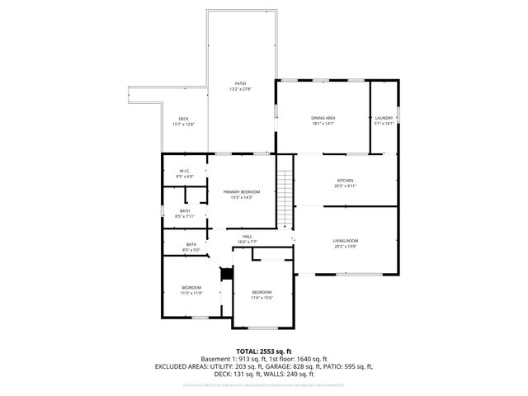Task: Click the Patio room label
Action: pos(241,82)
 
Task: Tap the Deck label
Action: pos(184,119)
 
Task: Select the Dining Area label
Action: pos(323,118)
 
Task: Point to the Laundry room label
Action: pos(384,118)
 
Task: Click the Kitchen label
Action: pos(345,181)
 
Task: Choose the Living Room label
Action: pos(346,240)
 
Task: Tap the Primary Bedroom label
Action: pos(241,191)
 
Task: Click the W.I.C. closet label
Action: pos(185,171)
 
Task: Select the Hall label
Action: pos(247,237)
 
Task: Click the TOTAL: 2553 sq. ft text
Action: pos(264,351)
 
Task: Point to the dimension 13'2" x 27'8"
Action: pos(241,88)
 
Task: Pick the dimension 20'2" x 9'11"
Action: pos(345,186)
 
